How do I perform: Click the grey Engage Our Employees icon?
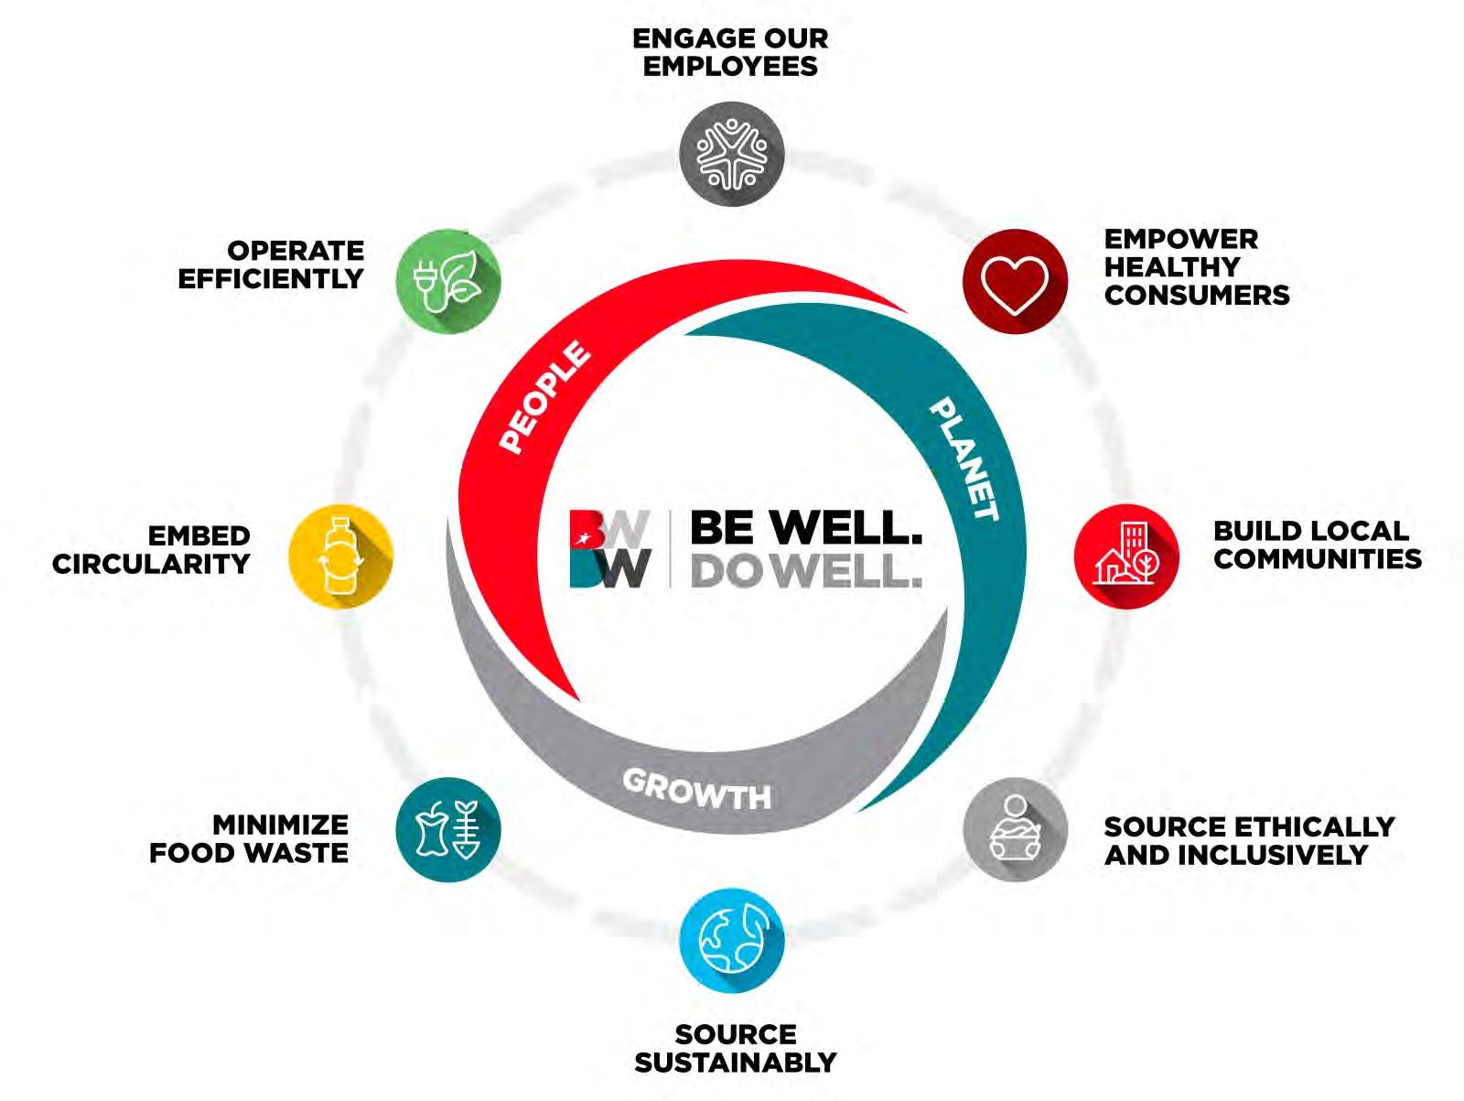[x=732, y=154]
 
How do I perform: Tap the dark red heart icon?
[x=1015, y=281]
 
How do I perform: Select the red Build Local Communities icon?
[x=1126, y=556]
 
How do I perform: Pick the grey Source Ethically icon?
[x=1015, y=830]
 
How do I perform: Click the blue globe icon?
[x=732, y=940]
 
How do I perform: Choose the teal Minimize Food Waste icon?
[x=448, y=830]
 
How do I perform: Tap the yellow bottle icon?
[x=340, y=556]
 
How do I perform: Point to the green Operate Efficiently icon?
[x=448, y=281]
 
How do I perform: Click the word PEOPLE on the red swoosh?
[x=544, y=396]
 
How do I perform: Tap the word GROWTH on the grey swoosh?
[x=696, y=789]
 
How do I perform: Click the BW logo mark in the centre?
[x=609, y=549]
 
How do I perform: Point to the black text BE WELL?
[x=805, y=527]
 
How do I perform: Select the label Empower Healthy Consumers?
[x=1195, y=267]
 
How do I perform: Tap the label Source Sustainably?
[x=735, y=1048]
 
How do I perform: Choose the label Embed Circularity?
[x=152, y=549]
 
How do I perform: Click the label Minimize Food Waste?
[x=249, y=838]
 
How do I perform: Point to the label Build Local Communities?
[x=1317, y=545]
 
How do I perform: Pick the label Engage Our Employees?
[x=730, y=52]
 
